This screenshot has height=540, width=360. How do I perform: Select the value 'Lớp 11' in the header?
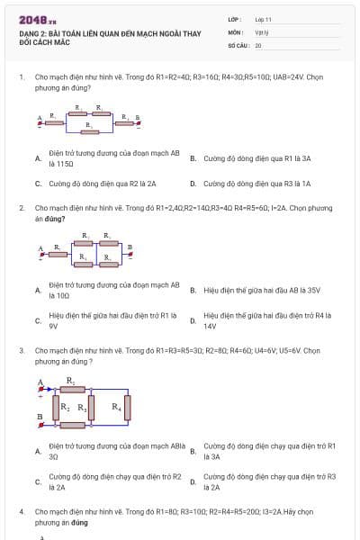[x=263, y=19]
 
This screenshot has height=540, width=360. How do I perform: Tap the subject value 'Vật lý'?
[x=261, y=31]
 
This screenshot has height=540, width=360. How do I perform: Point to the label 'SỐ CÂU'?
[x=238, y=44]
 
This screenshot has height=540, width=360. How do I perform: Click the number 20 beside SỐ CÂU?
[x=258, y=44]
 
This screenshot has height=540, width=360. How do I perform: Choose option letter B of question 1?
[x=192, y=158]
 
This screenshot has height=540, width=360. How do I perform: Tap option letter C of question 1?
[x=37, y=184]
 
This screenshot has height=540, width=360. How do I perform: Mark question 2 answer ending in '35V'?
[x=262, y=290]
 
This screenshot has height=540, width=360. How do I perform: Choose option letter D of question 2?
[x=192, y=320]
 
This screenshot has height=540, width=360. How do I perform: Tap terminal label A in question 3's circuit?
[x=40, y=382]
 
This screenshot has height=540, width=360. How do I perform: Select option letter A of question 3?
[x=37, y=451]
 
